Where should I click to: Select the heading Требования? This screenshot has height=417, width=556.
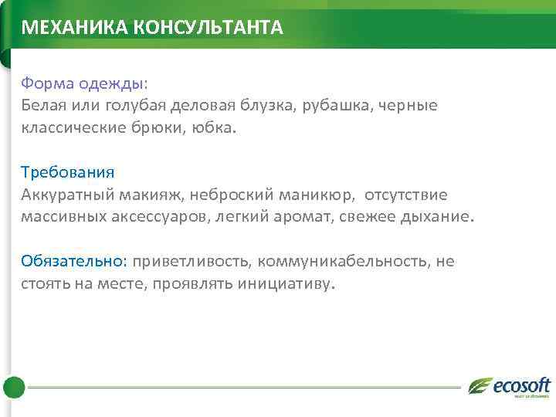click(x=68, y=171)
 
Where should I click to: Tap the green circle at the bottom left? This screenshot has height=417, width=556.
click(x=14, y=387)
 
